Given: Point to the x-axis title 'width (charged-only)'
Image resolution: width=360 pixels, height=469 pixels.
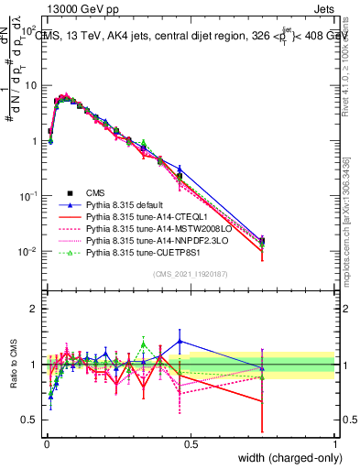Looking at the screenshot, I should coord(286,457).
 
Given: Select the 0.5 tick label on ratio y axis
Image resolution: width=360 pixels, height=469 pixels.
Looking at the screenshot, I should coord(28,420).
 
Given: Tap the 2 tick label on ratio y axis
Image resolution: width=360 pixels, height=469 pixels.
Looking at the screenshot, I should coord(33,309).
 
